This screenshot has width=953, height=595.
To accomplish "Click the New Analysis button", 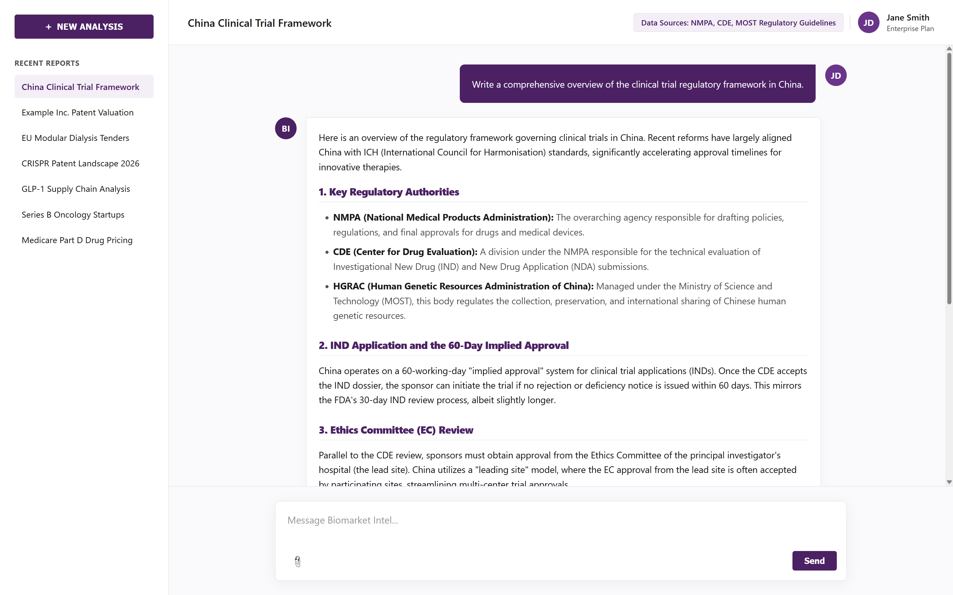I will coord(84,27).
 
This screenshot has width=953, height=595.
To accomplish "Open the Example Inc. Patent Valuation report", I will coord(77,112).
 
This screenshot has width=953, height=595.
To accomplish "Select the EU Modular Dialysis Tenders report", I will coord(75,138).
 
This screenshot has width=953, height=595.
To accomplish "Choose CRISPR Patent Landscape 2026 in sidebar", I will coord(80,164).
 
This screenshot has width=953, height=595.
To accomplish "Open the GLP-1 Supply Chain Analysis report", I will coord(75,189).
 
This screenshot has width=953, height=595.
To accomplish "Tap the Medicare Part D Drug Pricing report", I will coord(77,240).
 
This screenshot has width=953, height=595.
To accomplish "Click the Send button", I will coord(814,561).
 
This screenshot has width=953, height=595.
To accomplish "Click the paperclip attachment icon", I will coord(298,562).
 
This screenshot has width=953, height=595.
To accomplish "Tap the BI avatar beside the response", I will coord(286,129).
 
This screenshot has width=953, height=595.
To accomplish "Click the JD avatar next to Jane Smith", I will coord(868,23).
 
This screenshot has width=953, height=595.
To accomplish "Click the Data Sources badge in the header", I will coord(738,23).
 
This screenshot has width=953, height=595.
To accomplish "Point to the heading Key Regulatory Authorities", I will coord(389,192).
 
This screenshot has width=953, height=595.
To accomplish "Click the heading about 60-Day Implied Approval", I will coord(444,346).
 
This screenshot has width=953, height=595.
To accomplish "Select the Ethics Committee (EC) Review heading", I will coord(396,430).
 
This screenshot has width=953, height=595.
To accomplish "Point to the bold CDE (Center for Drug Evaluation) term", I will coord(405,252).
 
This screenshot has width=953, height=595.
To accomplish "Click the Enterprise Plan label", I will coord(910,29).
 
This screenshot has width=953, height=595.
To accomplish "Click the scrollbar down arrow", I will coord(949,482).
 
